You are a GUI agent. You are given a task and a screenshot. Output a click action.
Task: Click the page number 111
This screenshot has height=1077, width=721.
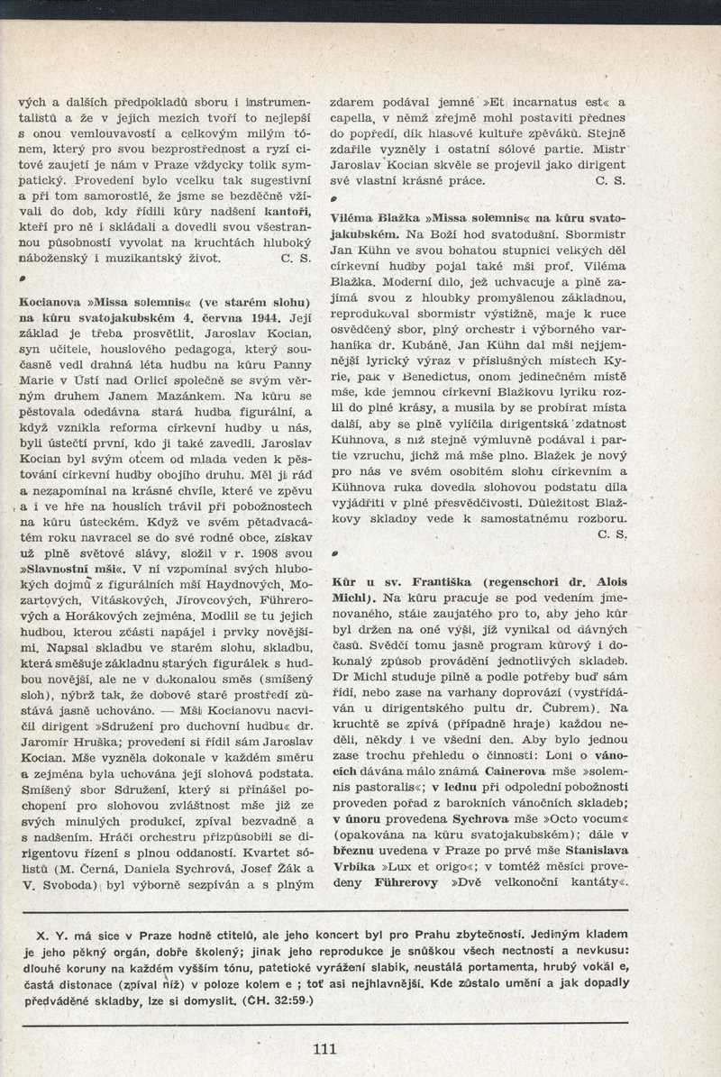point(324,1048)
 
